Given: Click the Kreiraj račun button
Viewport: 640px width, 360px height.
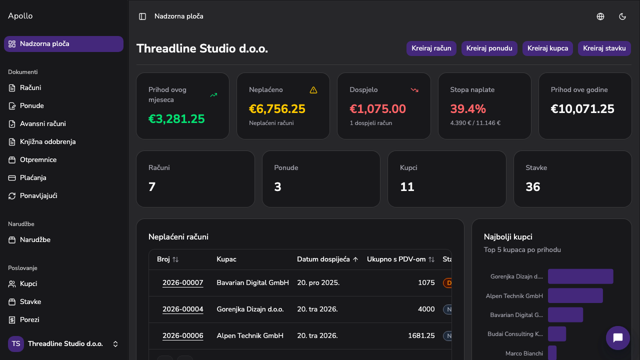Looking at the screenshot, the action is (431, 48).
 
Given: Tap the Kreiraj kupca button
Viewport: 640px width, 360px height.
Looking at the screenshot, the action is (547, 48).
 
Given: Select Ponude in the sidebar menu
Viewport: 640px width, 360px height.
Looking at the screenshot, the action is (31, 105).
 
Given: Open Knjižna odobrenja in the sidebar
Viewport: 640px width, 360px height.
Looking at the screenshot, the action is (47, 141).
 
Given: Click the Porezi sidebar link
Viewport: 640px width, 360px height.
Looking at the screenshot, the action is (29, 319).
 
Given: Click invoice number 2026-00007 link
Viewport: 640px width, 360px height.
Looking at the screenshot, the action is (183, 283).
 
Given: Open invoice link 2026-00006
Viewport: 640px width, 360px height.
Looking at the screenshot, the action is (183, 335).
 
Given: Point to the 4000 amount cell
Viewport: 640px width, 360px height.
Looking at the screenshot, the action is (426, 309).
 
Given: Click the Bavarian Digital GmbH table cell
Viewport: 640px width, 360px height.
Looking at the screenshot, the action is (252, 283).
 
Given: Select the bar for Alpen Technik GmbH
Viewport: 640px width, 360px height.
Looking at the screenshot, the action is (575, 295).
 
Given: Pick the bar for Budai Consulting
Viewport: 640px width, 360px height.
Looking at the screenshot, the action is (557, 334).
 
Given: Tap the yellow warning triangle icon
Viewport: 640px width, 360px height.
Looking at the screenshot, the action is (313, 90).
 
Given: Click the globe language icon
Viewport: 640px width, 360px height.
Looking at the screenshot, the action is (600, 16).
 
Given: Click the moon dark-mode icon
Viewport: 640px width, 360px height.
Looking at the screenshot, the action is (622, 16).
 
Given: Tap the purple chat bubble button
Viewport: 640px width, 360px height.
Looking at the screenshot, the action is (617, 338).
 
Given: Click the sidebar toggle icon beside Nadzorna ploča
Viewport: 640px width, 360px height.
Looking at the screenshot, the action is (142, 16).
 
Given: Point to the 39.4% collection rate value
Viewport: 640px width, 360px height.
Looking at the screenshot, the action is (468, 109).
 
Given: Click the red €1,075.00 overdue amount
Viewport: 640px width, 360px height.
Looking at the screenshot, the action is (377, 109).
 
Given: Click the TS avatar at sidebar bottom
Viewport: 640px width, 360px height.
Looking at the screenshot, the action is (16, 343).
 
